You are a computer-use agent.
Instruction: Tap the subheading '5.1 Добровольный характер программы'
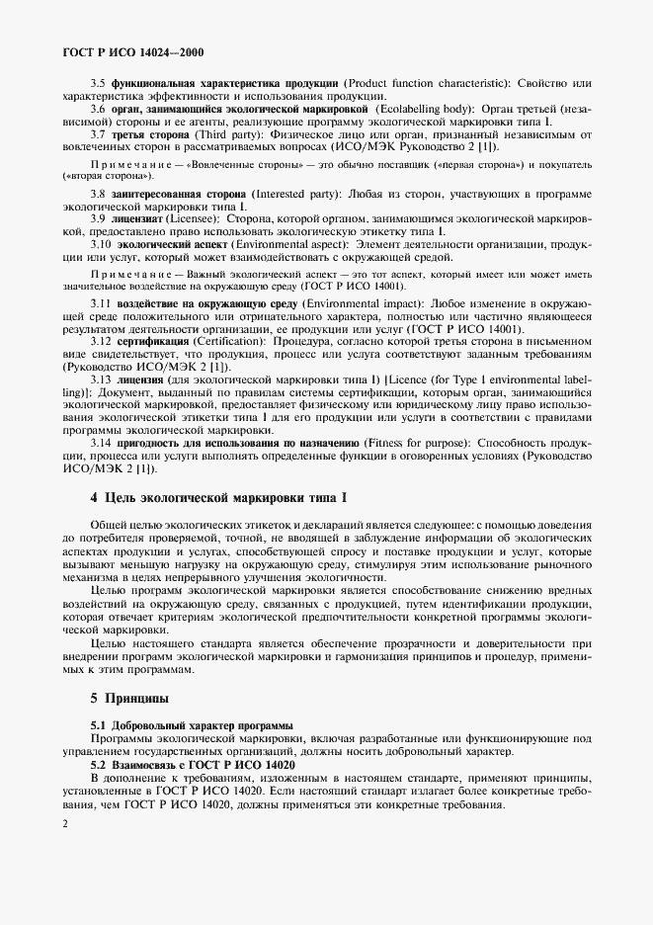coord(192,724)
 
